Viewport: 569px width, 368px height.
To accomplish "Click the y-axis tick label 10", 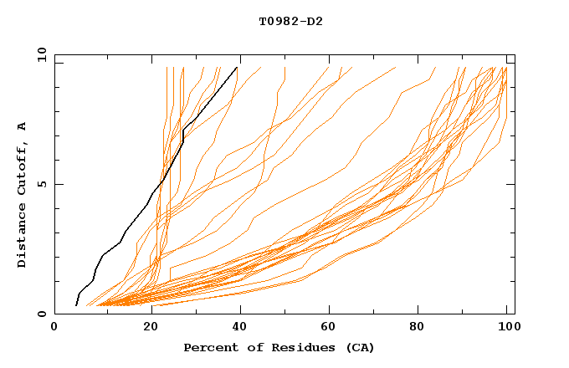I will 41,54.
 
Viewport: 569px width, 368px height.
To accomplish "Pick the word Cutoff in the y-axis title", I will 23,170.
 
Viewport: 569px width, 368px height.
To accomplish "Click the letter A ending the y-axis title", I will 23,126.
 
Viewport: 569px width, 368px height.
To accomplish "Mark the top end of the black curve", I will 237,67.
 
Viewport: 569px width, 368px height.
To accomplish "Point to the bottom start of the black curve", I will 76,305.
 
